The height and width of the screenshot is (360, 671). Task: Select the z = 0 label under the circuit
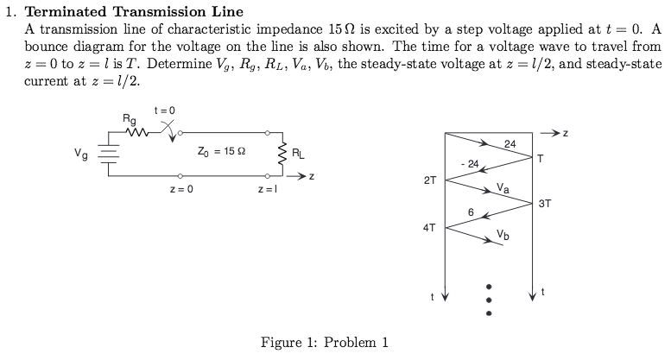point(180,188)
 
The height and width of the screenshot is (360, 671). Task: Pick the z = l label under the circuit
point(267,188)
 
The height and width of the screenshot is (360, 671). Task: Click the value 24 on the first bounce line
point(510,144)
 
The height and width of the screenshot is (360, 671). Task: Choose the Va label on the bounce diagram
point(503,188)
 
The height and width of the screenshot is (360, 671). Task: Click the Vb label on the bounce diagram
point(503,233)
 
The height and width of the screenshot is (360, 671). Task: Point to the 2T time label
point(430,181)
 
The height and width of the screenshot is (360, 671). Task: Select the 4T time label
point(430,228)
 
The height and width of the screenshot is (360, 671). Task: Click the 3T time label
point(545,204)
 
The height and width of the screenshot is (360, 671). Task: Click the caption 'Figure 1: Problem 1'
point(325,343)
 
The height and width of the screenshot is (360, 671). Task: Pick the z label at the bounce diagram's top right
point(567,135)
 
